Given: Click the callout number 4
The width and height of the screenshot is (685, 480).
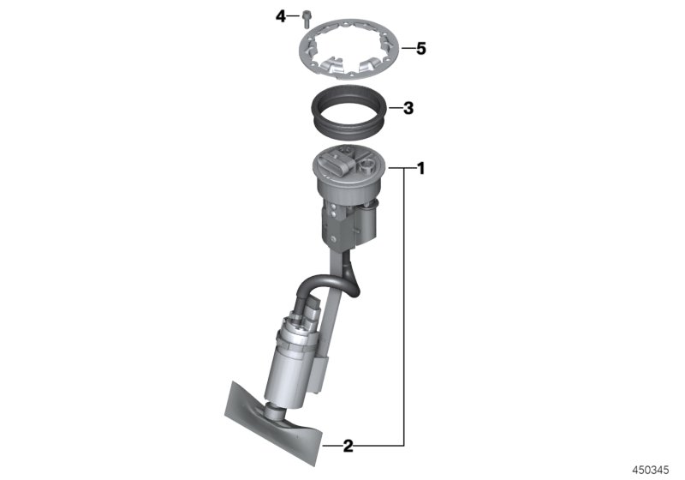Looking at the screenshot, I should pyautogui.click(x=279, y=15).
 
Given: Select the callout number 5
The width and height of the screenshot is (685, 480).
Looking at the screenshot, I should pyautogui.click(x=420, y=48).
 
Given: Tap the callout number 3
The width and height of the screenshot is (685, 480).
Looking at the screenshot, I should pyautogui.click(x=408, y=108).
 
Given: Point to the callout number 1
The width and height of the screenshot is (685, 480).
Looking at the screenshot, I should pyautogui.click(x=420, y=169).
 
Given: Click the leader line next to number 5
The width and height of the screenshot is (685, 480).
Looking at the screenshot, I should pyautogui.click(x=406, y=48).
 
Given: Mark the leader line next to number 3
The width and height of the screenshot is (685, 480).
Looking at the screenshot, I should pyautogui.click(x=395, y=108).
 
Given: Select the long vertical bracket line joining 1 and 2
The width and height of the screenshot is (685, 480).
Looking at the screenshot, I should pyautogui.click(x=404, y=309).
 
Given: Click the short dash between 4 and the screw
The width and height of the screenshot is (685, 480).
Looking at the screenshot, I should pyautogui.click(x=292, y=15).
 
